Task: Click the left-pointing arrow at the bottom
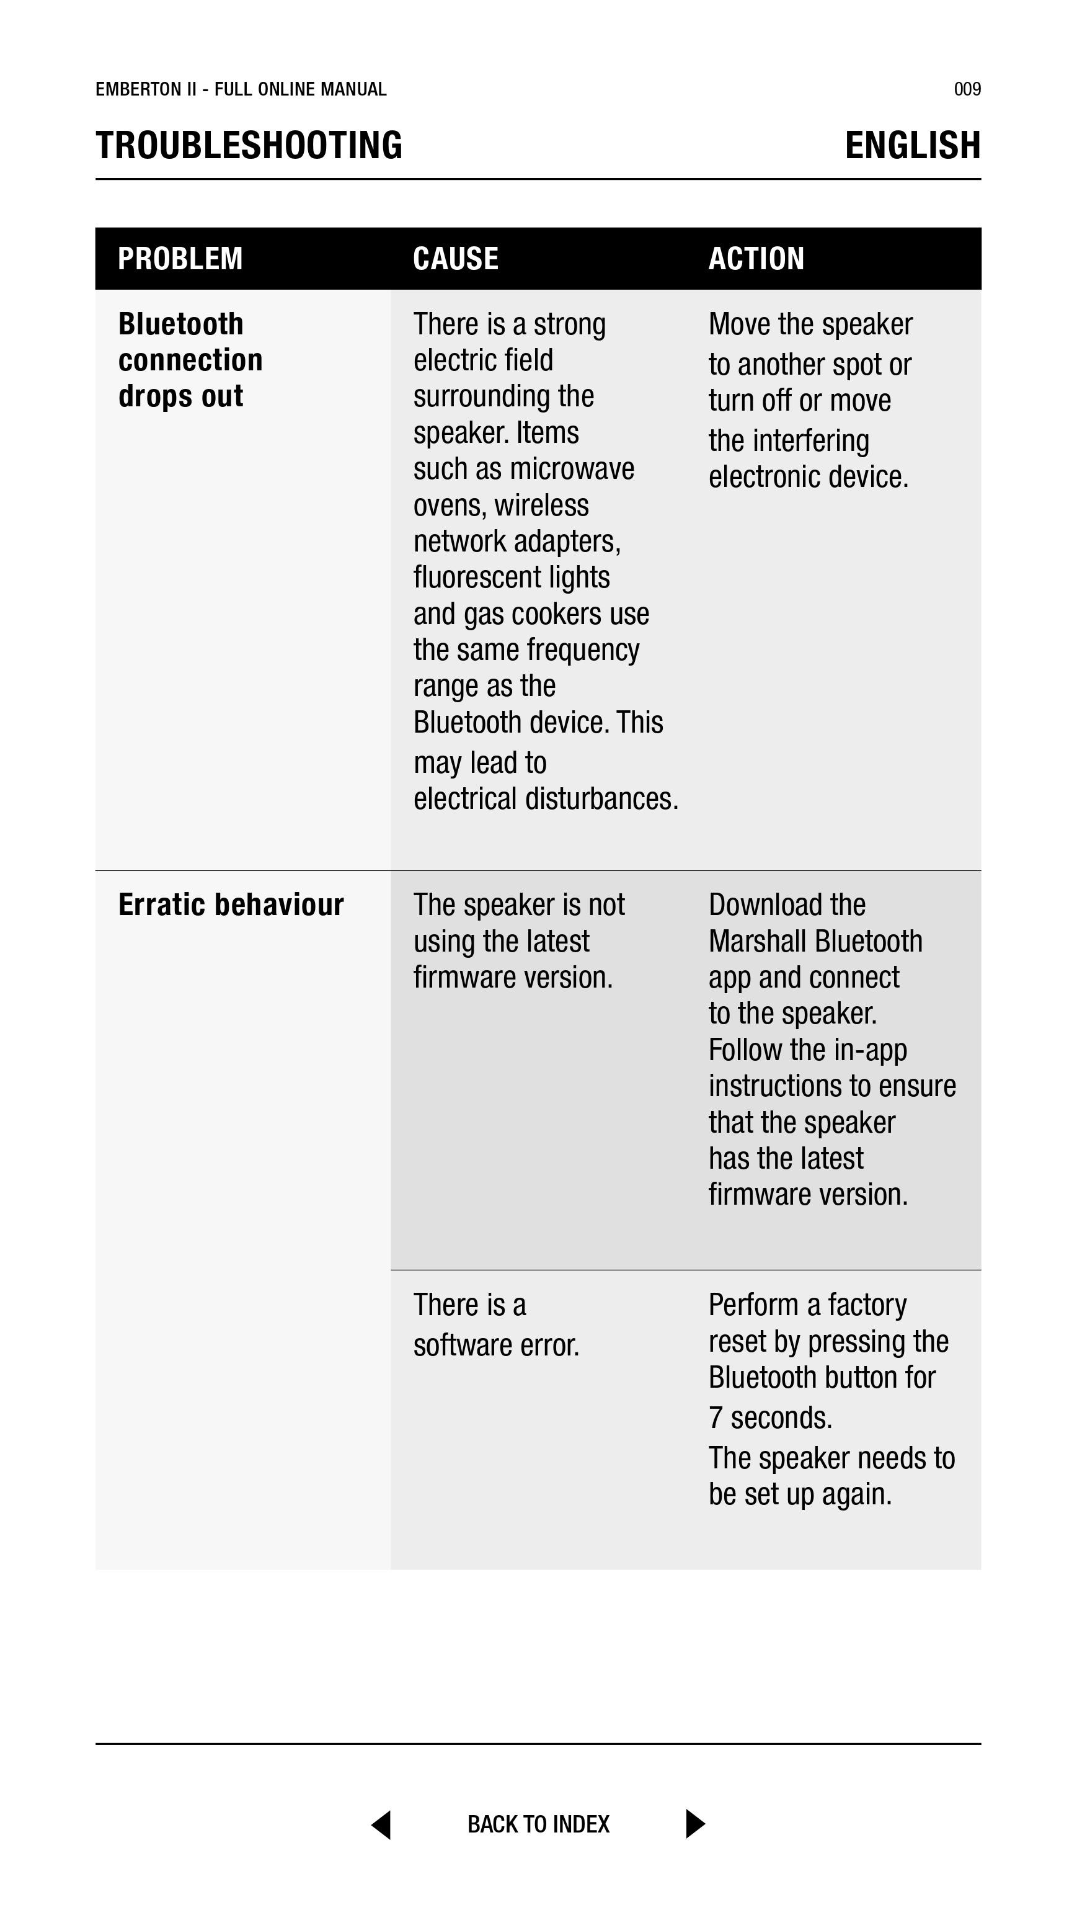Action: click(382, 1824)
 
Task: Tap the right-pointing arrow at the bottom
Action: click(694, 1824)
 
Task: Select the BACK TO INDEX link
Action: click(538, 1824)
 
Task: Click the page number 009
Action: click(967, 89)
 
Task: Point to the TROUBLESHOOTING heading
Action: click(249, 145)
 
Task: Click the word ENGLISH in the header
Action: click(913, 145)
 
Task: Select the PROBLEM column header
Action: click(180, 259)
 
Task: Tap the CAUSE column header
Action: click(456, 259)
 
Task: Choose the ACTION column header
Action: click(756, 259)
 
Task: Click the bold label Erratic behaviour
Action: click(231, 904)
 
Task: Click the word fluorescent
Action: click(478, 578)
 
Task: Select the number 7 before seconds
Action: click(716, 1418)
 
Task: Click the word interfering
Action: click(811, 441)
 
